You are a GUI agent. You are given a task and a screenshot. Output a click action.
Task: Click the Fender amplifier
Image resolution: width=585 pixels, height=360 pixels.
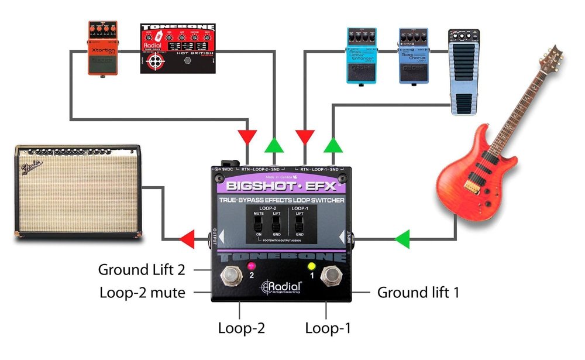[x=78, y=191]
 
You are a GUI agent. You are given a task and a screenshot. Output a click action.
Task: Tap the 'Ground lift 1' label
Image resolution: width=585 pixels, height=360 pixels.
[x=418, y=292]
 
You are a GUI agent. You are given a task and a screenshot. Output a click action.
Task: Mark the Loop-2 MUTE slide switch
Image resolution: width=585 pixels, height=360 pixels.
[x=259, y=224]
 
